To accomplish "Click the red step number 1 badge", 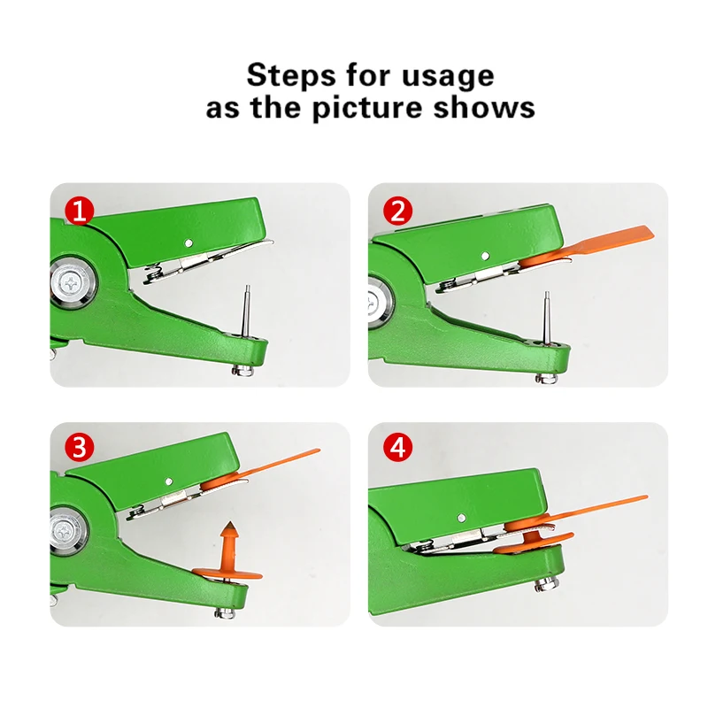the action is tap(79, 211).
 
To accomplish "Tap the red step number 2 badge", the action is tap(397, 211).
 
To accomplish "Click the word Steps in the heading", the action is tap(291, 75).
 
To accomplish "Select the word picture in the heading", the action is tap(368, 109).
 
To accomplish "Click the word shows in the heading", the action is tap(484, 107).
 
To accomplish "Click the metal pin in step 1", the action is tap(246, 312).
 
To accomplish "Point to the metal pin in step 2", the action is tap(547, 318).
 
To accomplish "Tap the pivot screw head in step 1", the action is tap(72, 284).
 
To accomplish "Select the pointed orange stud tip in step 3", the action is tap(231, 525).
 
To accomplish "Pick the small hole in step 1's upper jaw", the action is tap(189, 242).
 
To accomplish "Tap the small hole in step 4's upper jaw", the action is tap(461, 518).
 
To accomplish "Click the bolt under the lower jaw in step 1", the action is tap(242, 371).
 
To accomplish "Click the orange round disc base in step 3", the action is tap(227, 574).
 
